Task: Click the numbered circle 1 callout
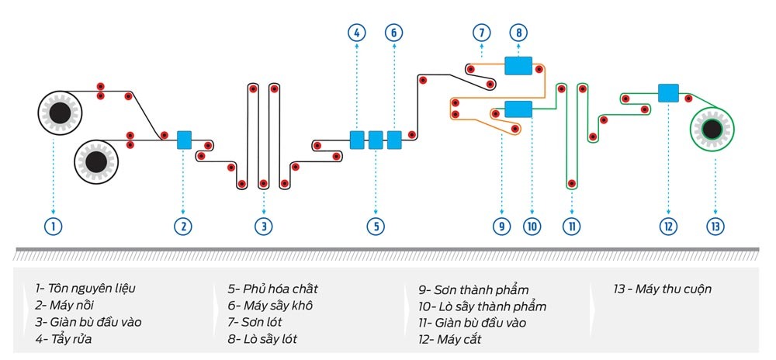pyautogui.click(x=53, y=227)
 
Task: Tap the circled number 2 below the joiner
pyautogui.click(x=183, y=227)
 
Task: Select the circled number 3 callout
pyautogui.click(x=264, y=227)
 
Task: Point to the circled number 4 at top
pyautogui.click(x=356, y=33)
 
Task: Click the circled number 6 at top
pyautogui.click(x=394, y=33)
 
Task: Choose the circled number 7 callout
pyautogui.click(x=482, y=33)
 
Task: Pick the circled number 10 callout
pyautogui.click(x=532, y=227)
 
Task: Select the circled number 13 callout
pyautogui.click(x=715, y=227)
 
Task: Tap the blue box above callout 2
pyautogui.click(x=184, y=140)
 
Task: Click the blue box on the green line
pyautogui.click(x=668, y=93)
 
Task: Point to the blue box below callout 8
pyautogui.click(x=518, y=66)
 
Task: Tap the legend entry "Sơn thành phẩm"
pyautogui.click(x=470, y=290)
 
